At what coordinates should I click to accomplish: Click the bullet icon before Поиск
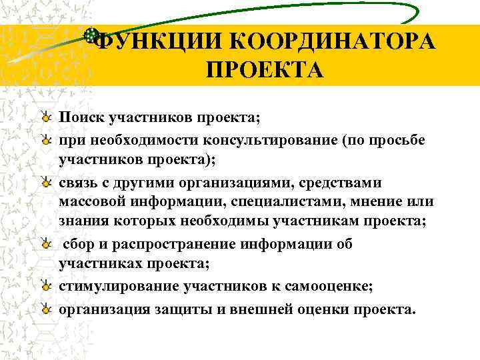(45, 118)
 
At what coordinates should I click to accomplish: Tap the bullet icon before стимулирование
(45, 287)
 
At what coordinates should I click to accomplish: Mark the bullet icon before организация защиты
(45, 309)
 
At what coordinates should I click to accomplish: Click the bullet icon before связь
(45, 182)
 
